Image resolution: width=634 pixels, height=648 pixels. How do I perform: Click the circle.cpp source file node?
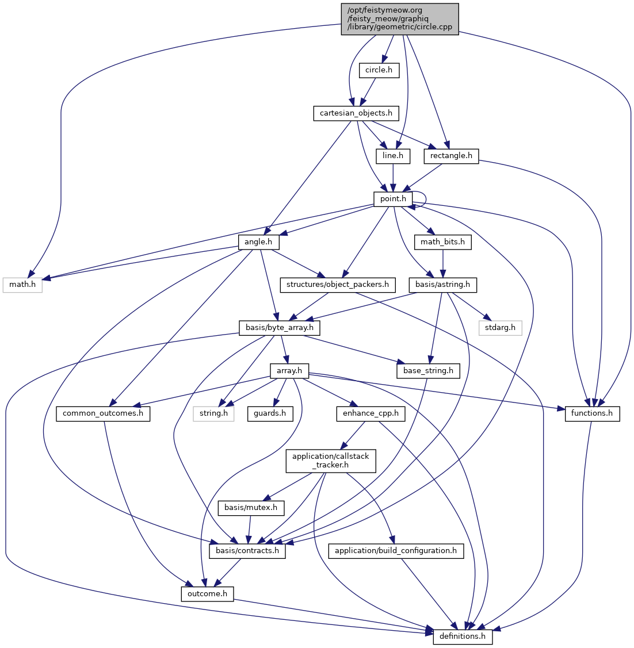(400, 19)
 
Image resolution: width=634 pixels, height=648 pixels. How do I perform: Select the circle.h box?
(379, 70)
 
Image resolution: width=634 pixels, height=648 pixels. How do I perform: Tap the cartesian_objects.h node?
(356, 113)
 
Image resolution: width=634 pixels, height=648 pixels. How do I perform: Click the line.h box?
(393, 155)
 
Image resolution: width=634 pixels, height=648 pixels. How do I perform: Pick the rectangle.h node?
(451, 155)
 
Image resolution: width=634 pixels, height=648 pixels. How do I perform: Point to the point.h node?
(394, 199)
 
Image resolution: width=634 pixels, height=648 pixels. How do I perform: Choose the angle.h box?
(258, 242)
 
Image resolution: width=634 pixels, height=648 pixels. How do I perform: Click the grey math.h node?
(23, 285)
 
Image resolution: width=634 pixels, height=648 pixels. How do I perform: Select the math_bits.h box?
(442, 242)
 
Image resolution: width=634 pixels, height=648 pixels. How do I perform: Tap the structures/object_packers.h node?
(338, 285)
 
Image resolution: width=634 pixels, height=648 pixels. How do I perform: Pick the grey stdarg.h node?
(501, 328)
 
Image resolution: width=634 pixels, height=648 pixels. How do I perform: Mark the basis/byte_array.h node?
(280, 328)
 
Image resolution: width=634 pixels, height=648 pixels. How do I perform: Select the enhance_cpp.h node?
(371, 413)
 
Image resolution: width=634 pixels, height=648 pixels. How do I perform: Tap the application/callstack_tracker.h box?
(331, 461)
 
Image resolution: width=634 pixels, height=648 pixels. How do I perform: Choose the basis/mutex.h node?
(251, 508)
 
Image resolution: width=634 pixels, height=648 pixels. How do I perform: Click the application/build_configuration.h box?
(396, 551)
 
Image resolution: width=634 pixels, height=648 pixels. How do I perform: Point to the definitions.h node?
(463, 637)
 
